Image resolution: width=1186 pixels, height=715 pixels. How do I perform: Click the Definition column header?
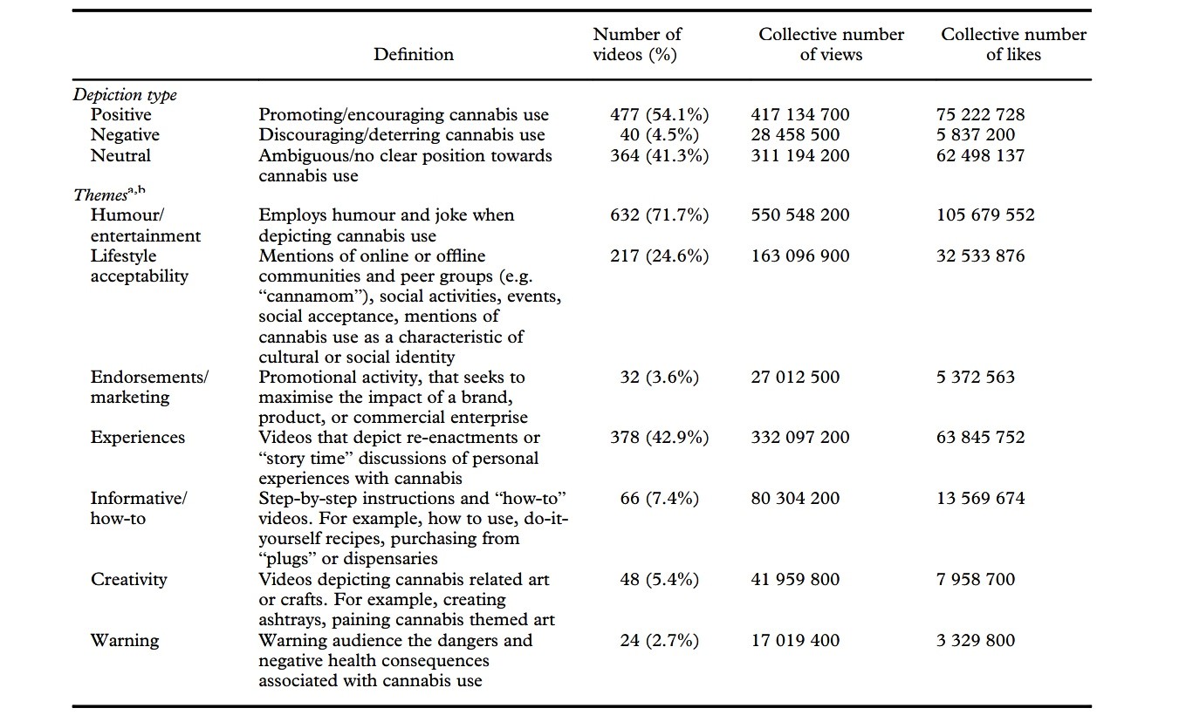(414, 54)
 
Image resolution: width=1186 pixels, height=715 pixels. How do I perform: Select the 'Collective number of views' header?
(832, 44)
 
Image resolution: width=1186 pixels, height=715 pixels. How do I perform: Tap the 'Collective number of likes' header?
(1013, 44)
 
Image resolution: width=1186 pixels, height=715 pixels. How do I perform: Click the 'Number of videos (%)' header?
(637, 44)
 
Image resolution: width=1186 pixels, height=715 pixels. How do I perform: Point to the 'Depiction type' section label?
(125, 95)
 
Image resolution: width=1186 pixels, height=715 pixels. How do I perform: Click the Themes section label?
(109, 194)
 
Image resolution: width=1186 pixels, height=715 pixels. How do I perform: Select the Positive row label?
(120, 115)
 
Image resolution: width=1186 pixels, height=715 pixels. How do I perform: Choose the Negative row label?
(125, 135)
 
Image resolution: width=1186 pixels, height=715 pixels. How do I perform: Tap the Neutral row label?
(120, 155)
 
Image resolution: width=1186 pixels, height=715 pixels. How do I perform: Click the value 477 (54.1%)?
(659, 115)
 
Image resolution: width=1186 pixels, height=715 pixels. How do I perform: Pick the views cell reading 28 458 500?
(795, 135)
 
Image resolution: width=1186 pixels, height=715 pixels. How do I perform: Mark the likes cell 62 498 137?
(981, 155)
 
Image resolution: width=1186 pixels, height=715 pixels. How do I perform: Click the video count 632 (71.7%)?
(659, 215)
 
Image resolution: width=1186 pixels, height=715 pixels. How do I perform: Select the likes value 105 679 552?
(985, 215)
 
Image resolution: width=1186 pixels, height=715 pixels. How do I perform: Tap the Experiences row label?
(138, 438)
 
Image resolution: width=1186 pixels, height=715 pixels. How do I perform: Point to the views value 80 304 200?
(795, 498)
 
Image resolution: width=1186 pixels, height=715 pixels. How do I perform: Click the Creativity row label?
(128, 580)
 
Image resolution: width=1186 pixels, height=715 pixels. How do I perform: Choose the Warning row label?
(125, 640)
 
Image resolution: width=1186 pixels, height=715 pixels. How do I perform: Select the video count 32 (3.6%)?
(659, 377)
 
